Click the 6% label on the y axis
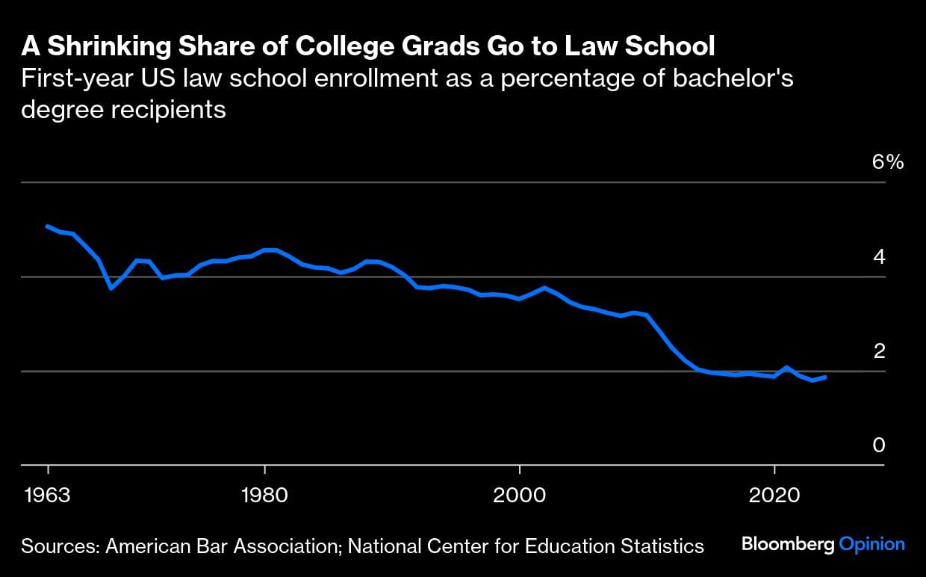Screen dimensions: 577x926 888,162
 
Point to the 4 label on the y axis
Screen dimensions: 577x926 879,257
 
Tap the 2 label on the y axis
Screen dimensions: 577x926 879,351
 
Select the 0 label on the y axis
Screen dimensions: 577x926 879,445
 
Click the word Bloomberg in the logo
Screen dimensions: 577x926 788,544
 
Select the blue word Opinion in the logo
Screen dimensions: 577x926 871,545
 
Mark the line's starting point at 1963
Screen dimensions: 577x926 48,226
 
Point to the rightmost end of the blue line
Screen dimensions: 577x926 825,377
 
